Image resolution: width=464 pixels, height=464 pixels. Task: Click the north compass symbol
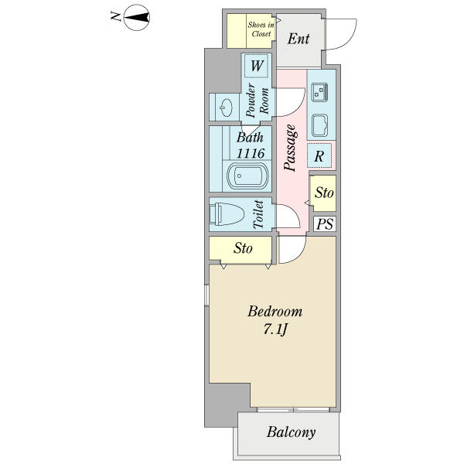click(136, 18)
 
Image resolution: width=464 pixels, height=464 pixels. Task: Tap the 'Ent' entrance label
click(299, 39)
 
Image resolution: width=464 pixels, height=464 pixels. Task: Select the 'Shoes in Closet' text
click(261, 29)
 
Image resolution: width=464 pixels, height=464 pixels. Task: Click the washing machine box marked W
click(257, 66)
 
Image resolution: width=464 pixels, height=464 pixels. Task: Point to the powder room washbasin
click(227, 107)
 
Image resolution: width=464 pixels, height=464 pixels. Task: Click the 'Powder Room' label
click(258, 101)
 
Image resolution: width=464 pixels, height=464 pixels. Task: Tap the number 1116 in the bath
click(251, 153)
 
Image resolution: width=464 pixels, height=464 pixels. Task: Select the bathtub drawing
click(247, 176)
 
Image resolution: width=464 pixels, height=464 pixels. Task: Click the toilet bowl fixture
click(227, 214)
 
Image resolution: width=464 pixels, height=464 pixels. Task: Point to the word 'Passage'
click(290, 148)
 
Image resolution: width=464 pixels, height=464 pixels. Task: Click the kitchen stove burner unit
click(319, 92)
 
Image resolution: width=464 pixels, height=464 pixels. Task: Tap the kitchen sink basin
click(319, 125)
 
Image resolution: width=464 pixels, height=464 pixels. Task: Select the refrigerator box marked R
click(319, 155)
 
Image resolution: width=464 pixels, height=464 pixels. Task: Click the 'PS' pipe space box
click(325, 224)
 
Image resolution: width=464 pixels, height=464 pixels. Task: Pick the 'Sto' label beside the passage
click(324, 193)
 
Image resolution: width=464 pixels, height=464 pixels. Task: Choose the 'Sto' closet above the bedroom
click(241, 250)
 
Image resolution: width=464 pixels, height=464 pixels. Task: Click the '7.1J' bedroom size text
click(275, 329)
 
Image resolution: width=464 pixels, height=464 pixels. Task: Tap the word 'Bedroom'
click(275, 312)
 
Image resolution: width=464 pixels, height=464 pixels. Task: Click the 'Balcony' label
click(292, 432)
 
